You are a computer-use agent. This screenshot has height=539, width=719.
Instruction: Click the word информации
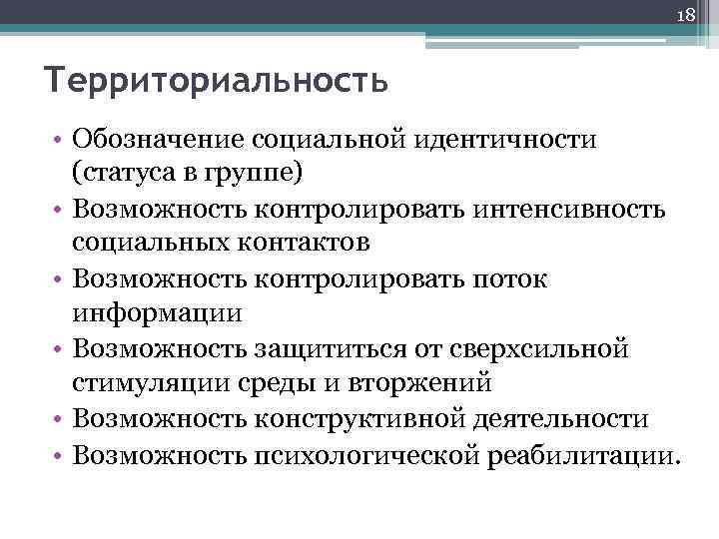click(x=157, y=312)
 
